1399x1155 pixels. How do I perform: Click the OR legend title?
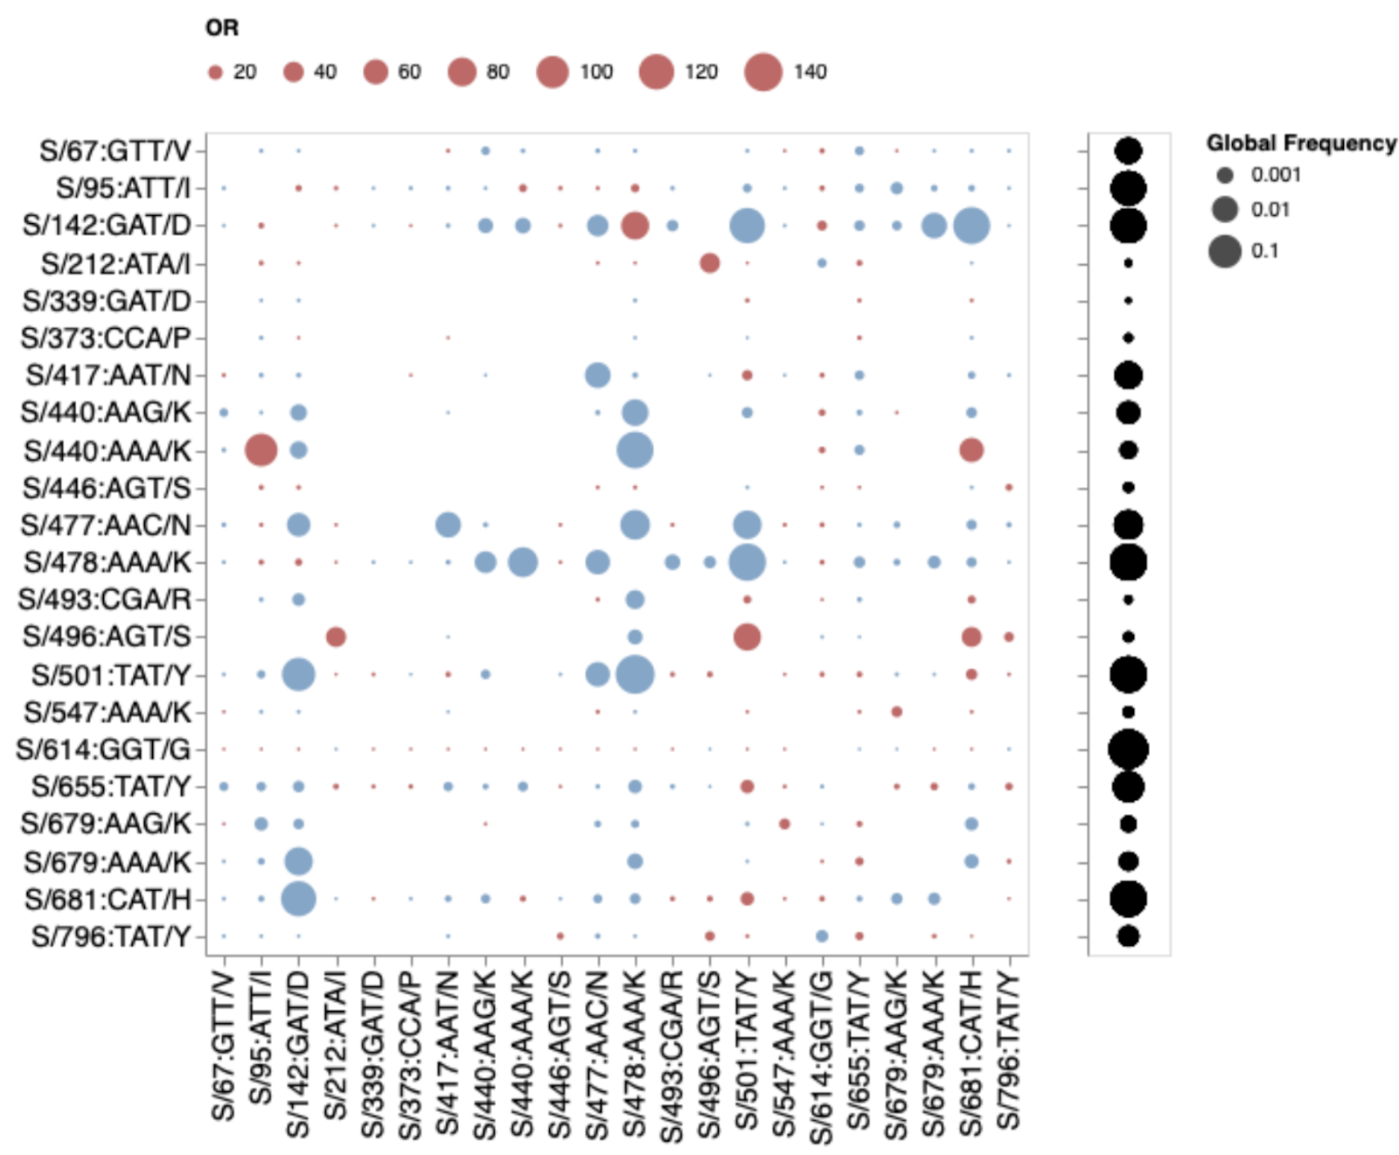[221, 28]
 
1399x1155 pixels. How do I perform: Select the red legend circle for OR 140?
[762, 72]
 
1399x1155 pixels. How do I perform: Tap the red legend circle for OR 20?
[215, 73]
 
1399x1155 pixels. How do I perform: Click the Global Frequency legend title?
[1301, 143]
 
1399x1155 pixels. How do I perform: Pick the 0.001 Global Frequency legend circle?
[1225, 175]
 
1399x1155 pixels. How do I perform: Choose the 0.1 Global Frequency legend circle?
[1225, 251]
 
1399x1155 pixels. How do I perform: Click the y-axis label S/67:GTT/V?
[115, 150]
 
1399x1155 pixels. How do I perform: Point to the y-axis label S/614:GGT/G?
[103, 749]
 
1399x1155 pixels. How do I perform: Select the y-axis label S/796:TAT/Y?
[111, 936]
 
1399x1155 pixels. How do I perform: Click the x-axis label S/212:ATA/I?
[336, 1045]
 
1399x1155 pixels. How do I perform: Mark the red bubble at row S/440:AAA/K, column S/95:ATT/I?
[261, 450]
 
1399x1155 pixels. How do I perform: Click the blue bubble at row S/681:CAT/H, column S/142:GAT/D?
[298, 899]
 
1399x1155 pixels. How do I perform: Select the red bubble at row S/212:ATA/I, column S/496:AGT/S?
[710, 262]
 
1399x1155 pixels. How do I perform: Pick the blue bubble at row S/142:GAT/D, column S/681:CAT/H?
[971, 226]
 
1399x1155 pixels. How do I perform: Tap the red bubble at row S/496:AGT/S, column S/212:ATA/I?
[336, 637]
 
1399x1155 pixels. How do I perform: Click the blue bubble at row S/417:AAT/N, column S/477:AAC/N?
[597, 375]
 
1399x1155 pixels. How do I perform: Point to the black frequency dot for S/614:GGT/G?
[1128, 749]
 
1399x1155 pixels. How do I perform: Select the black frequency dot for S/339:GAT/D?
[1128, 301]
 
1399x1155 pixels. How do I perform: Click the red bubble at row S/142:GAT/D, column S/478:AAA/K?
[635, 226]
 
